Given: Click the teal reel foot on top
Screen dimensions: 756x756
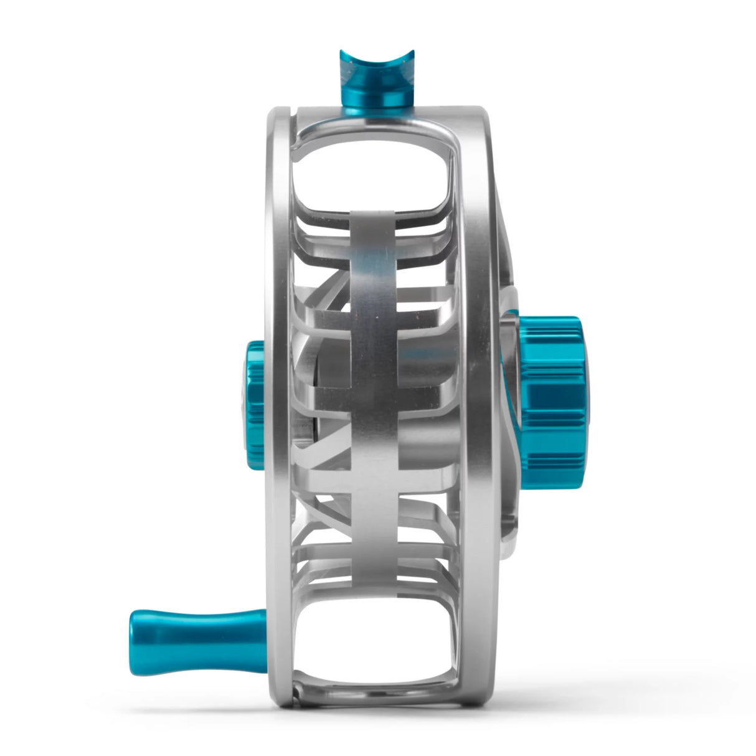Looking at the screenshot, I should pos(371,78).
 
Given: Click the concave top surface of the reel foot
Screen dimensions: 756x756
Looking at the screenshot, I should pos(372,59).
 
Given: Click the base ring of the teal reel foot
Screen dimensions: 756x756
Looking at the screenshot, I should pos(372,100).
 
